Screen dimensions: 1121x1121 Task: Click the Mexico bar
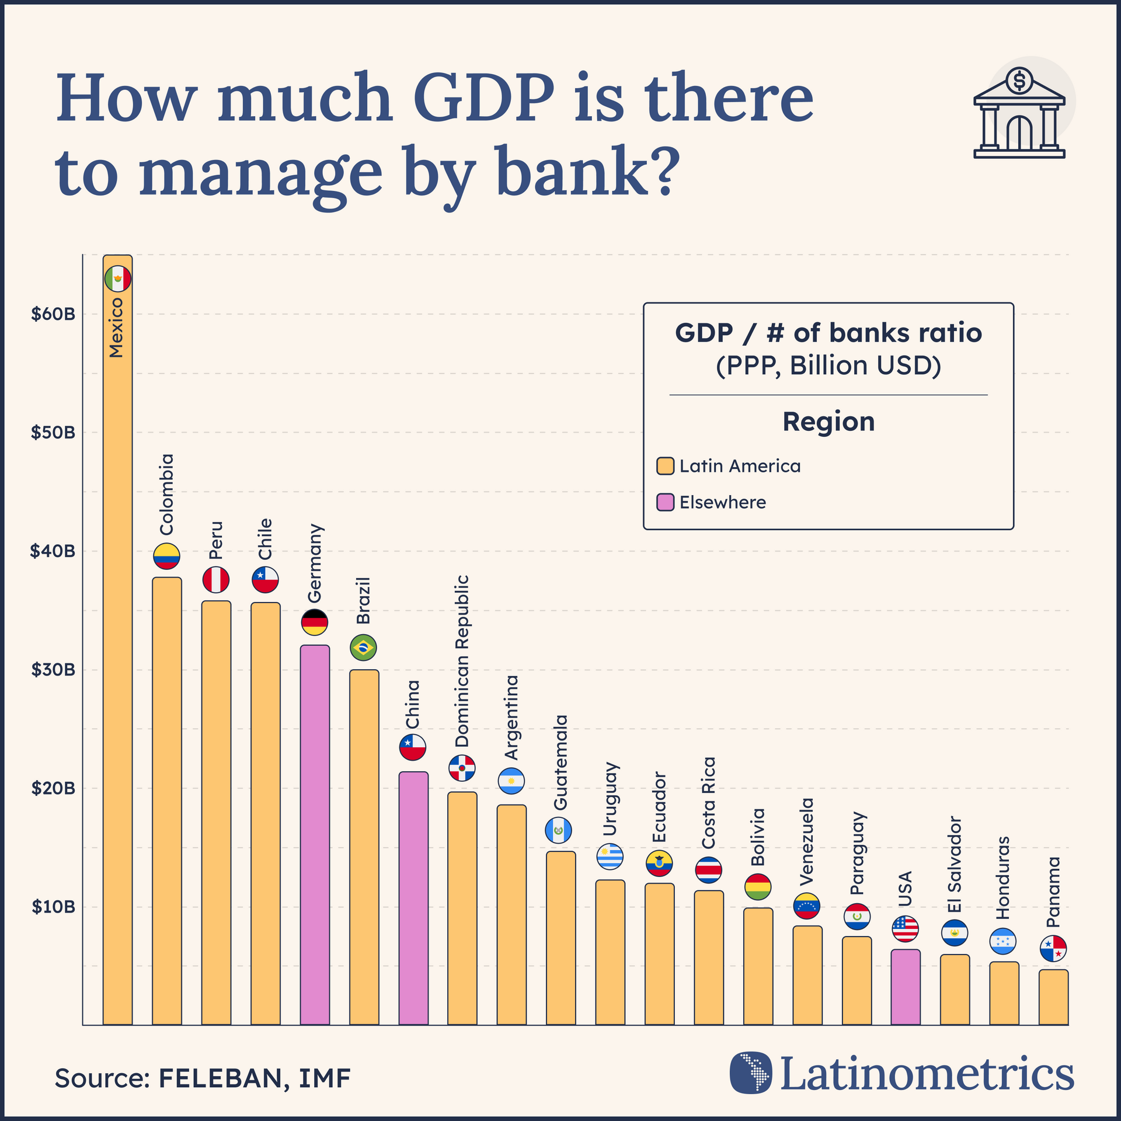(117, 642)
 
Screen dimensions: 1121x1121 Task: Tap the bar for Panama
(1053, 998)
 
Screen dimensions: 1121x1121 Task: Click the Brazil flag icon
(363, 647)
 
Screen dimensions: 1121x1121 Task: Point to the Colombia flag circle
(166, 556)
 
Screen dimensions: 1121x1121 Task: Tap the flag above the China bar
(413, 747)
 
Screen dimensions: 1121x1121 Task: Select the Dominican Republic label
(462, 661)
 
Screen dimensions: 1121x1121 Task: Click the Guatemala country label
(560, 762)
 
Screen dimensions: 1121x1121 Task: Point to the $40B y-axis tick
(53, 551)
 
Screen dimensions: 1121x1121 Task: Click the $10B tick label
(53, 907)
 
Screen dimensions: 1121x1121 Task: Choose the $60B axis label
(53, 314)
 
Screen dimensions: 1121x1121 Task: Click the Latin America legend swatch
(665, 466)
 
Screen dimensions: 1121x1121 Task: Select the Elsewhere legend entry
(722, 502)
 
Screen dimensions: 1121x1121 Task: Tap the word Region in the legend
(828, 422)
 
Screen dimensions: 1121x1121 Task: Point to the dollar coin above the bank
(1019, 81)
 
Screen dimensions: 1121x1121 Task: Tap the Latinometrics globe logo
(750, 1072)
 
